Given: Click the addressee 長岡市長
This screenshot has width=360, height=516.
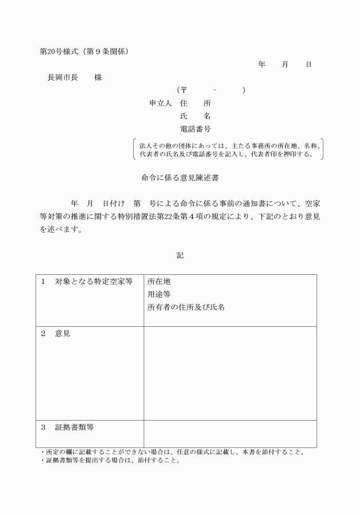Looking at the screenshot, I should click(62, 77).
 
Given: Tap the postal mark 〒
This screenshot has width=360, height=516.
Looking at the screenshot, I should click(183, 90).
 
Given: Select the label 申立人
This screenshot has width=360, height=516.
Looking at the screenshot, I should click(161, 103).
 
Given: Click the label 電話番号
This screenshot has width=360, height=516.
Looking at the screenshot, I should click(195, 129).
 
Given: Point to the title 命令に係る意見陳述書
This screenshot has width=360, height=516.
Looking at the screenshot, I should click(180, 178).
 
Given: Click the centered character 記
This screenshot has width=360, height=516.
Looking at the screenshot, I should click(180, 255).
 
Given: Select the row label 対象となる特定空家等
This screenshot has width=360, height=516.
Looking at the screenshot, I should click(94, 282).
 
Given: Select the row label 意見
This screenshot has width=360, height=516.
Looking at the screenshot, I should click(63, 334).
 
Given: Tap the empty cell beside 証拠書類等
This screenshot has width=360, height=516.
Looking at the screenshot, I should click(230, 434).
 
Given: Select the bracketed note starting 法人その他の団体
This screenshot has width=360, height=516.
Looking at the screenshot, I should click(227, 149).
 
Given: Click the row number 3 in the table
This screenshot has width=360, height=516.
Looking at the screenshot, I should click(43, 427).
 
